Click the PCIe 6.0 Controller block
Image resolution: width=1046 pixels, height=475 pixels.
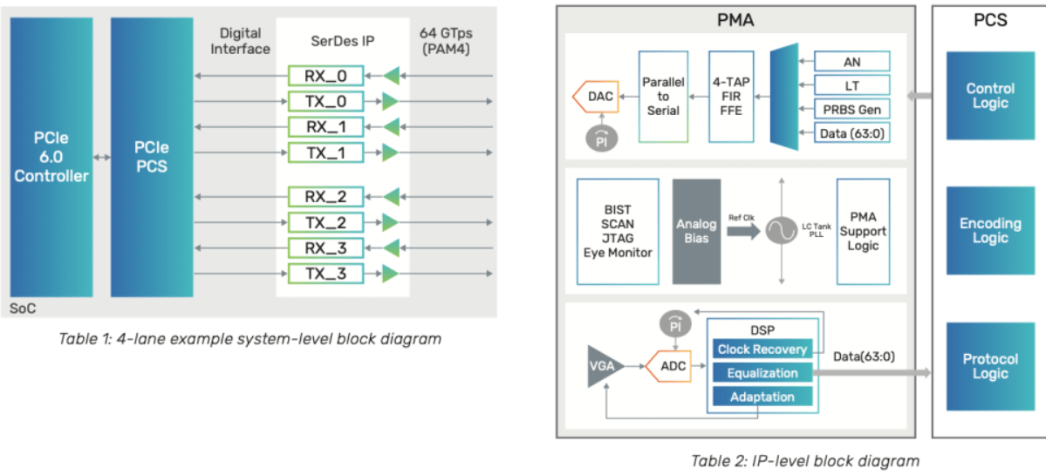(51, 157)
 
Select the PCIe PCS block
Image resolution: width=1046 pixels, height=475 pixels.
(152, 157)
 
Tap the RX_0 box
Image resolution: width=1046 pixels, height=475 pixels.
(325, 75)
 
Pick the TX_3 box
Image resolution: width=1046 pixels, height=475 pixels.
(325, 275)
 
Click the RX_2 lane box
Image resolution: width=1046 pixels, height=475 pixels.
(325, 196)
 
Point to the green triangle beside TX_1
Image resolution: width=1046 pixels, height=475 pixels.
(390, 153)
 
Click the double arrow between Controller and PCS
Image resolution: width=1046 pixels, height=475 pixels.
(101, 158)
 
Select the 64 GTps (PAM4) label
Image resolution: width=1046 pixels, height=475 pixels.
(448, 41)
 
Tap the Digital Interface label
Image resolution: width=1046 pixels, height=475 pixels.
(240, 41)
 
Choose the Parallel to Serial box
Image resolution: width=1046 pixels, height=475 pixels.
(663, 96)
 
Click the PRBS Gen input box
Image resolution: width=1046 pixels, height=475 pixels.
(851, 110)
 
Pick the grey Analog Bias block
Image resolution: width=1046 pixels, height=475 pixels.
(696, 231)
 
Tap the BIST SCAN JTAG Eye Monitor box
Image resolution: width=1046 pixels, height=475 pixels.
(618, 231)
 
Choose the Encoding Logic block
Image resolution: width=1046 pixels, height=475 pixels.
(990, 231)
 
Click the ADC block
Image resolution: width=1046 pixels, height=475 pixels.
(673, 366)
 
